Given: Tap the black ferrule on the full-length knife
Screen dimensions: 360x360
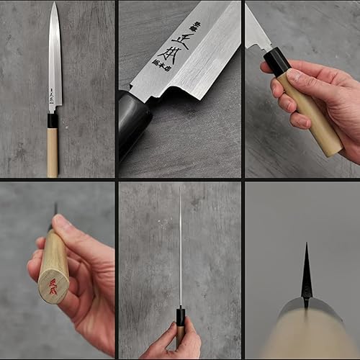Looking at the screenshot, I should pyautogui.click(x=53, y=121).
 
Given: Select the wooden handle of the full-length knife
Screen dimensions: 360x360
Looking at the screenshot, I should pyautogui.click(x=53, y=153).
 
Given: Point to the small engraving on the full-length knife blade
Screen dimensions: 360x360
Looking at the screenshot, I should pyautogui.click(x=53, y=98).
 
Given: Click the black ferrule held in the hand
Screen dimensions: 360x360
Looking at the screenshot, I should pyautogui.click(x=278, y=62).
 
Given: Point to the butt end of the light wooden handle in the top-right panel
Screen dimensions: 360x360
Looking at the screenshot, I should pyautogui.click(x=333, y=147).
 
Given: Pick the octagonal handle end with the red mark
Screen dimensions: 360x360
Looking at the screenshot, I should pyautogui.click(x=54, y=277).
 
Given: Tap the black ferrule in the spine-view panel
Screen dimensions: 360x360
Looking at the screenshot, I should pyautogui.click(x=180, y=316).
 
